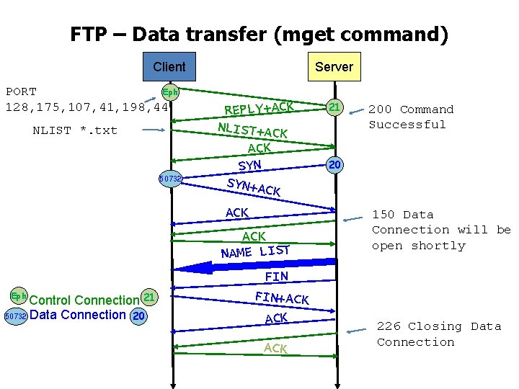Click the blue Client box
click(x=169, y=67)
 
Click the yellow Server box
click(x=334, y=67)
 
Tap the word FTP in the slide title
click(x=89, y=34)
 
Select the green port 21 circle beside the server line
click(x=334, y=107)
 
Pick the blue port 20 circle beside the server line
click(x=334, y=165)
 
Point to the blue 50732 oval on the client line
click(x=170, y=178)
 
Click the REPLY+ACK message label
click(x=259, y=107)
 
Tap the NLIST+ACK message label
click(x=252, y=130)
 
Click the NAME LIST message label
click(x=255, y=251)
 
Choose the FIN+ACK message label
click(x=282, y=296)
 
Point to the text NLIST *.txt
click(x=75, y=130)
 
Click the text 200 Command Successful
click(x=411, y=117)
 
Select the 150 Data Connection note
click(x=440, y=230)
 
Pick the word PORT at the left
click(x=21, y=91)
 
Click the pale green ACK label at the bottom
click(x=275, y=348)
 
